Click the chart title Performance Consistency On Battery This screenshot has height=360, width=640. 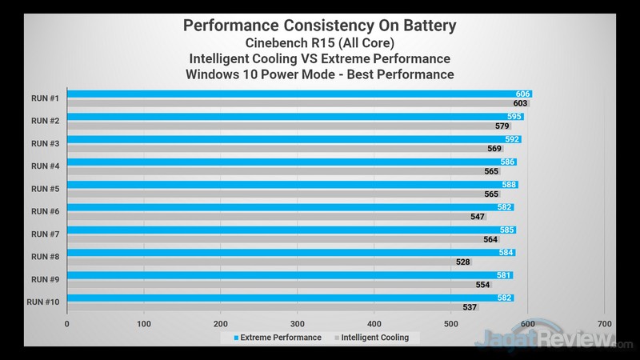click(320, 26)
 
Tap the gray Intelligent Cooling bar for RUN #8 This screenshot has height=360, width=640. click(269, 262)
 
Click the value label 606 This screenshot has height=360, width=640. click(523, 94)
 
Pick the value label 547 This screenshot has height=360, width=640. click(478, 217)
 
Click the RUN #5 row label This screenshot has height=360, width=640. click(45, 189)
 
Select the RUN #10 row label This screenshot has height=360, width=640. click(43, 302)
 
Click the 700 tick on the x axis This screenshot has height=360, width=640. click(604, 324)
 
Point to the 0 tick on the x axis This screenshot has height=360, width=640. click(67, 324)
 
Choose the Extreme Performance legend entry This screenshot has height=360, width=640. click(278, 338)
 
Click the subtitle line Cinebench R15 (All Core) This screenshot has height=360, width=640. click(320, 43)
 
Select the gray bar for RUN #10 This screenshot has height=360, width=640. click(273, 307)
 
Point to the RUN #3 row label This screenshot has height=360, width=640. click(45, 143)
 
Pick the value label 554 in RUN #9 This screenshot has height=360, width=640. click(482, 285)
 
